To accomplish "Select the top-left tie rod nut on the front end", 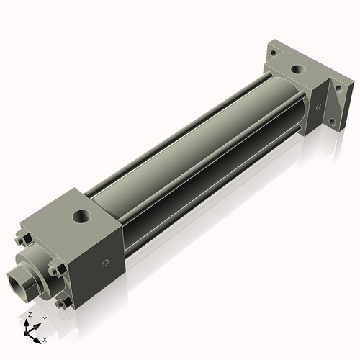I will point(23,240).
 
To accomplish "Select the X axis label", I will point(45,338).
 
